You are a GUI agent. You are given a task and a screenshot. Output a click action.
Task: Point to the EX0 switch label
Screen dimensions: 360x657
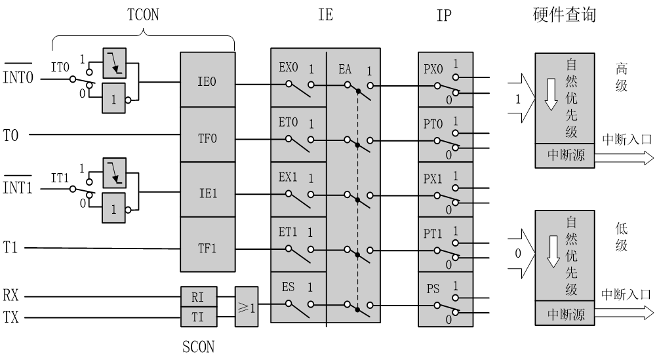click(289, 68)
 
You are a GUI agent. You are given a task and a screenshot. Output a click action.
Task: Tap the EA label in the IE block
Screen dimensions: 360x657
click(346, 68)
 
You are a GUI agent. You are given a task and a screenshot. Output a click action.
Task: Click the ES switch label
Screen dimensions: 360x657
click(288, 287)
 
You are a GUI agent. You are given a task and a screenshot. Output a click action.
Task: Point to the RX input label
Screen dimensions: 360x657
click(11, 296)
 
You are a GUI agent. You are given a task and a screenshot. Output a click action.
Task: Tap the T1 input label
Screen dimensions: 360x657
click(10, 248)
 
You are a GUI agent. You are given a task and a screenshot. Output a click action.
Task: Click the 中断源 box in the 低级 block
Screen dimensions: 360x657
click(565, 315)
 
